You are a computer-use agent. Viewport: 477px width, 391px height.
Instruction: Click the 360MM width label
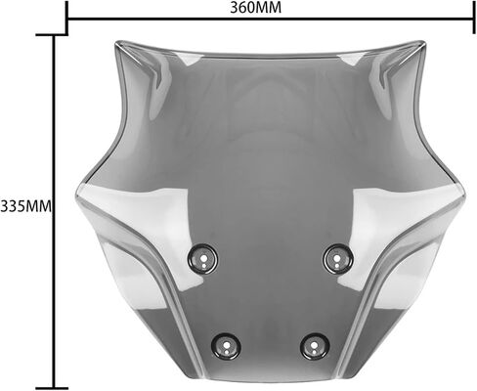tap(256, 8)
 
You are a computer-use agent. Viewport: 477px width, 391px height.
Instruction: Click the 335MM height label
tap(26, 206)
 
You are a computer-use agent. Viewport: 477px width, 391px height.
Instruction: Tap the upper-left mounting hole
tap(202, 259)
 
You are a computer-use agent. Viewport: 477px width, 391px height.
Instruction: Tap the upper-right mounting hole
tap(338, 259)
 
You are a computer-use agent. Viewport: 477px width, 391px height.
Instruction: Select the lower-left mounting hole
tap(226, 346)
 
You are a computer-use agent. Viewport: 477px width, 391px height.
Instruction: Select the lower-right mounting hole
tap(315, 346)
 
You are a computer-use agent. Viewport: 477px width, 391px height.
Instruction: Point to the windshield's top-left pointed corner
tap(116, 42)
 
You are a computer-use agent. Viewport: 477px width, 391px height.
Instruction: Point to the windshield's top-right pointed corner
tap(423, 42)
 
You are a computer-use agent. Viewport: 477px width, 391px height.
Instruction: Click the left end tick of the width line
tap(66, 17)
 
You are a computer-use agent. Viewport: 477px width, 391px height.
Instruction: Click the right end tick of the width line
tap(474, 17)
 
